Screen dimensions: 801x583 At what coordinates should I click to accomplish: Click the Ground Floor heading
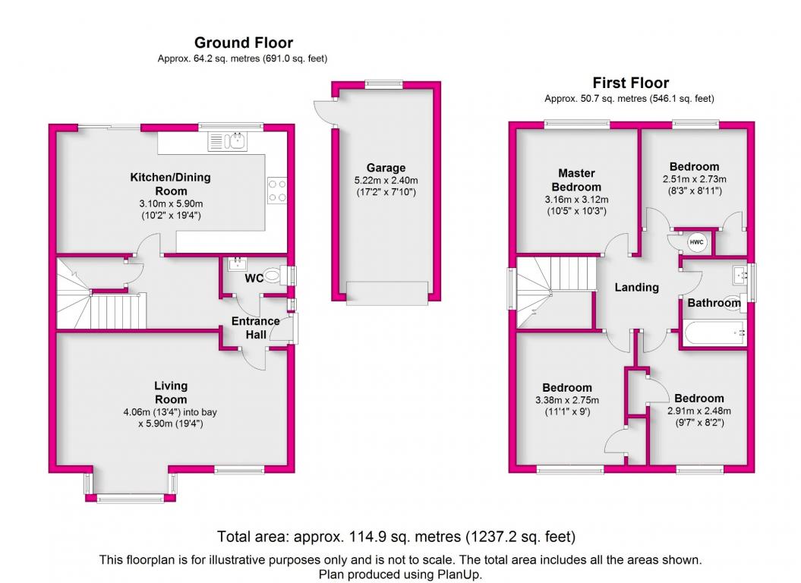point(243,43)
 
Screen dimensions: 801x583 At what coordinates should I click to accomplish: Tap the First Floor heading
point(630,83)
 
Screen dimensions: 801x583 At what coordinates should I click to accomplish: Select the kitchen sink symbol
point(227,141)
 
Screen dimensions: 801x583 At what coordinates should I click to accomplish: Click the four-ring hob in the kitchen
point(277,191)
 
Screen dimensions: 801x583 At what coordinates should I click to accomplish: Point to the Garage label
point(386,168)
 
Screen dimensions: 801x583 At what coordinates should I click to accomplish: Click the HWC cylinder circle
point(696,242)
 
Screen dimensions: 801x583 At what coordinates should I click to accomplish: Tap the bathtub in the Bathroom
point(713,332)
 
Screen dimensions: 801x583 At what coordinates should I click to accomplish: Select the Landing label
point(636,287)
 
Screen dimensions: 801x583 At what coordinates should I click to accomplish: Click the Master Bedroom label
point(576,180)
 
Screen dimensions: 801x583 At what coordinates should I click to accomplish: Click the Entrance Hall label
point(255,327)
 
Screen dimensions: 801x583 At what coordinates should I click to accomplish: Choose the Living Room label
point(171,392)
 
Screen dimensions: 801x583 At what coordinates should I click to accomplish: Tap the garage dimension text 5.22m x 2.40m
point(386,181)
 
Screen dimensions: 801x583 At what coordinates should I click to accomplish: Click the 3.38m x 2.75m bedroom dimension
point(567,400)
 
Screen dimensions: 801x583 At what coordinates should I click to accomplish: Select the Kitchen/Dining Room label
point(171,184)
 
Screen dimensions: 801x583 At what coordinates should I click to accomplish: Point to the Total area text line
point(396,537)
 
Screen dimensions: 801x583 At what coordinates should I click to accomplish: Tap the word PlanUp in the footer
point(459,575)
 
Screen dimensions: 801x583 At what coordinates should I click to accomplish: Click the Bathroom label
point(714,303)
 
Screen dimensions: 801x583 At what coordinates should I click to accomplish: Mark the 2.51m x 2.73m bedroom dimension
point(694,179)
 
